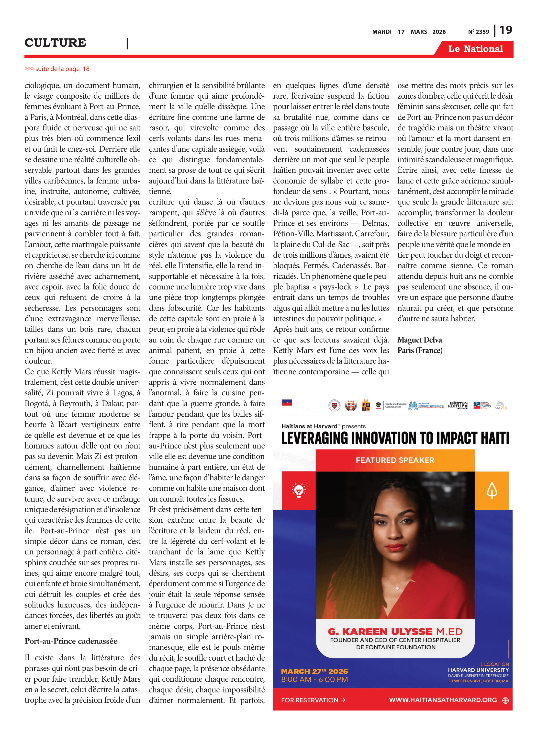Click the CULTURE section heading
[x=55, y=43]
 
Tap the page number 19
[x=506, y=30]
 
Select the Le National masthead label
[x=475, y=49]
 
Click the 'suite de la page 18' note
[x=57, y=69]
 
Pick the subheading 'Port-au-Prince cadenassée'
[x=71, y=641]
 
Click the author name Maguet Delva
[x=419, y=340]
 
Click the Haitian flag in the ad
[x=287, y=402]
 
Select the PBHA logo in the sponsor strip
[x=366, y=405]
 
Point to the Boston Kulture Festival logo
[x=458, y=405]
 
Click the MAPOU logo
[x=501, y=405]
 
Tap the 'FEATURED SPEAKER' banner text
[x=395, y=460]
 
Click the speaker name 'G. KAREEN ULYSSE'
[x=380, y=631]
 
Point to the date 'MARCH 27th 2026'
[x=314, y=671]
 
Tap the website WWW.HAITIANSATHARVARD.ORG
[x=443, y=700]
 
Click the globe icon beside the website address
[x=505, y=700]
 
